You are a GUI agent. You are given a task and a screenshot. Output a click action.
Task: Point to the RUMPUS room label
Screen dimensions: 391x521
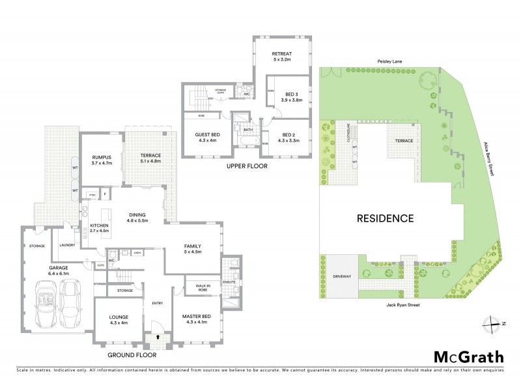point(102,159)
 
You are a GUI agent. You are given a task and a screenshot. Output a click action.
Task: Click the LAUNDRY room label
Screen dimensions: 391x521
point(67,245)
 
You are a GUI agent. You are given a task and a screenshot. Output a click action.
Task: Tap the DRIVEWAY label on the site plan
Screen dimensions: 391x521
point(341,276)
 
